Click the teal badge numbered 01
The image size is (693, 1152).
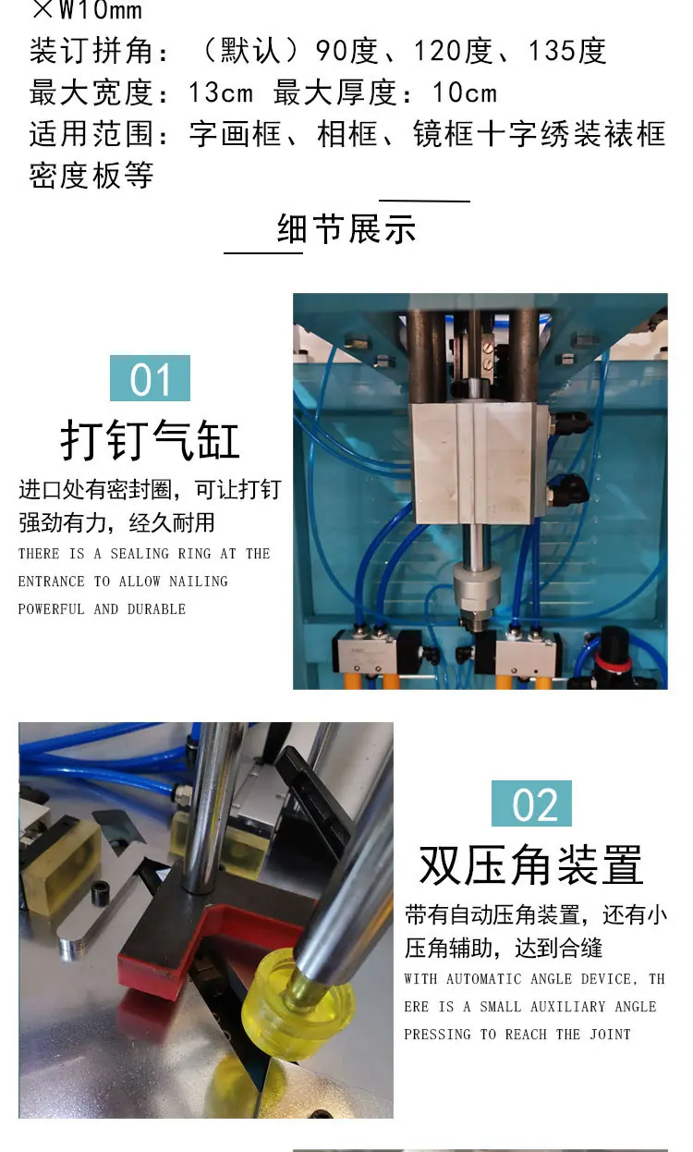click(x=150, y=378)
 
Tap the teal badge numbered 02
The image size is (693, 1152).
click(x=531, y=803)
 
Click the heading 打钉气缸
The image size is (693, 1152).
click(x=150, y=440)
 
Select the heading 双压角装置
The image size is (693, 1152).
click(x=530, y=865)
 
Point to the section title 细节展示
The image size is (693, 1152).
click(x=346, y=228)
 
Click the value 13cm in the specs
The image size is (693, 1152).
click(x=221, y=92)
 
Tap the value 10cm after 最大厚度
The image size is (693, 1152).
click(x=465, y=92)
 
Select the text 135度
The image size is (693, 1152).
click(x=567, y=51)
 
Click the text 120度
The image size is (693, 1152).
click(x=453, y=51)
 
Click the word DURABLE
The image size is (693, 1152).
click(x=156, y=609)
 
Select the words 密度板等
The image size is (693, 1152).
click(x=91, y=176)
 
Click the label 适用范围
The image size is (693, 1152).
click(x=92, y=134)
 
